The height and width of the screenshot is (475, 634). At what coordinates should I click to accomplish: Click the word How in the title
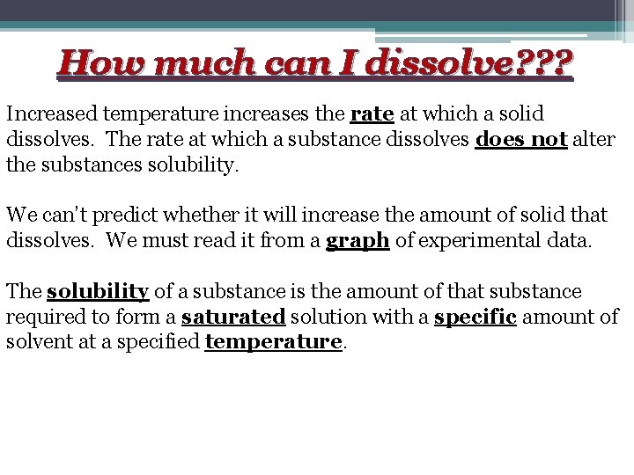click(x=94, y=62)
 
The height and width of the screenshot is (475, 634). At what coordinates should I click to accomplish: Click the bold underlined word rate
click(x=372, y=114)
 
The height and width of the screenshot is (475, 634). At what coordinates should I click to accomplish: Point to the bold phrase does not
click(x=520, y=140)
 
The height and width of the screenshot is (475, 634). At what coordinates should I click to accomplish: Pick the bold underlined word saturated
click(x=232, y=317)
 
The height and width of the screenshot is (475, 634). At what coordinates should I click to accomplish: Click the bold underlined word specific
click(x=475, y=317)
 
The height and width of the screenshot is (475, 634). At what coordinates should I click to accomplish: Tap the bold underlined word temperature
click(x=273, y=341)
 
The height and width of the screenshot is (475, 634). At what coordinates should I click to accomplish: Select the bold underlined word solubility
click(x=97, y=291)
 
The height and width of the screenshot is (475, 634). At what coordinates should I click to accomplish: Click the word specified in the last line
click(x=160, y=341)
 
